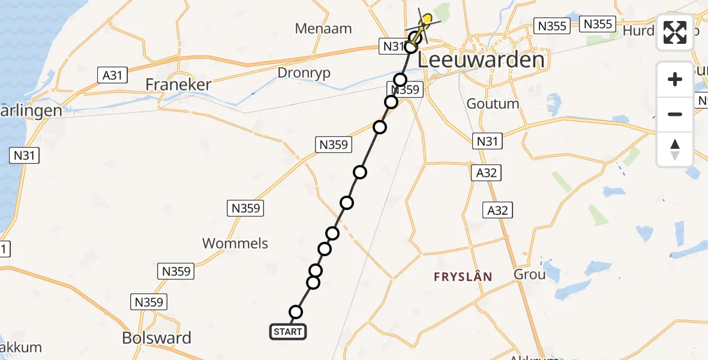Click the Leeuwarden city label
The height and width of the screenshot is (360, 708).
tap(481, 60)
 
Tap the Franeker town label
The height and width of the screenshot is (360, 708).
tap(178, 85)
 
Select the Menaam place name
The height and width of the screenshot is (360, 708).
tap(323, 28)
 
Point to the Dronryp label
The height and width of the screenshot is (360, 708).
tap(304, 73)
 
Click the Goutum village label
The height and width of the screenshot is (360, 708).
tap(493, 104)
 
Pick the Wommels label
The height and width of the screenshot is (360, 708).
tap(235, 244)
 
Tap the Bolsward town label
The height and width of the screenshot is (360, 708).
tap(157, 338)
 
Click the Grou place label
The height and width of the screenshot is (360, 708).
tap(530, 274)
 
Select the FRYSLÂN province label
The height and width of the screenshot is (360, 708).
tap(463, 277)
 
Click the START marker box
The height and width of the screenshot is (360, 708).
tap(288, 332)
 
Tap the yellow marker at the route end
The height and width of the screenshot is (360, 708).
tap(426, 19)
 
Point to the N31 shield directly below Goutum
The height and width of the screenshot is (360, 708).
tap(487, 142)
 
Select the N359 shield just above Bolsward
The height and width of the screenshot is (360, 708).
tap(149, 302)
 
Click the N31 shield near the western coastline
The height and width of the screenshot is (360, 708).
tap(25, 156)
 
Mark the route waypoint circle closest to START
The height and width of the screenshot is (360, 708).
tap(296, 311)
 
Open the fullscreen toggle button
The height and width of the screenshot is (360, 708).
tap(675, 32)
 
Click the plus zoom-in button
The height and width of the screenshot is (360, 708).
tap(675, 79)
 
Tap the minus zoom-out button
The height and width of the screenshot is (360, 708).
tap(675, 114)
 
